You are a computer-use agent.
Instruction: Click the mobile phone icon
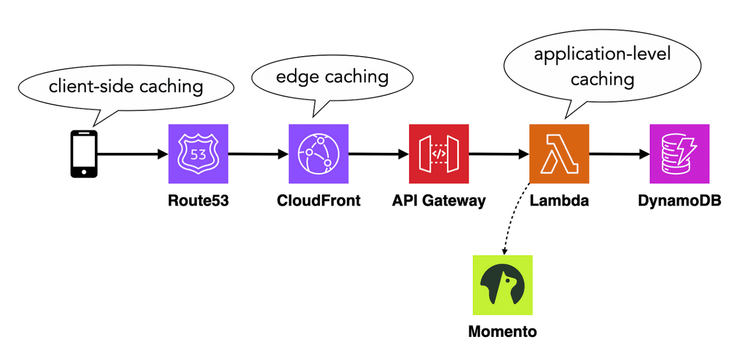[x=84, y=153]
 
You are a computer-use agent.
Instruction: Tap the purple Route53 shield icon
[x=198, y=153]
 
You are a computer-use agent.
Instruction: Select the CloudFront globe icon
[x=318, y=153]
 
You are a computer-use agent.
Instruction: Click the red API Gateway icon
[x=438, y=153]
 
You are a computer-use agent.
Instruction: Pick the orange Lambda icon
[x=559, y=153]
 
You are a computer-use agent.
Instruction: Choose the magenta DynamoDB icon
[x=679, y=153]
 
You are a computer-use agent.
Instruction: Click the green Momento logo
[x=502, y=285]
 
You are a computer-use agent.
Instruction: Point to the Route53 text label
[x=198, y=201]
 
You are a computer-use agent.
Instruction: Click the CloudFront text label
[x=319, y=201]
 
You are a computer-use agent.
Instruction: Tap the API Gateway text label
[x=438, y=201]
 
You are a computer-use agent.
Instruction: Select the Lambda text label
[x=559, y=201]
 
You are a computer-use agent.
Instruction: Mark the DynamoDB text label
[x=679, y=201]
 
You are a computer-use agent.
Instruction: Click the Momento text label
[x=502, y=331]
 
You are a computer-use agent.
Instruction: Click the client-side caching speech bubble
[x=125, y=87]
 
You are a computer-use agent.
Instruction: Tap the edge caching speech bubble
[x=332, y=77]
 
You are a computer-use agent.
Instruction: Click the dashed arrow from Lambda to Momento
[x=511, y=216]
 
